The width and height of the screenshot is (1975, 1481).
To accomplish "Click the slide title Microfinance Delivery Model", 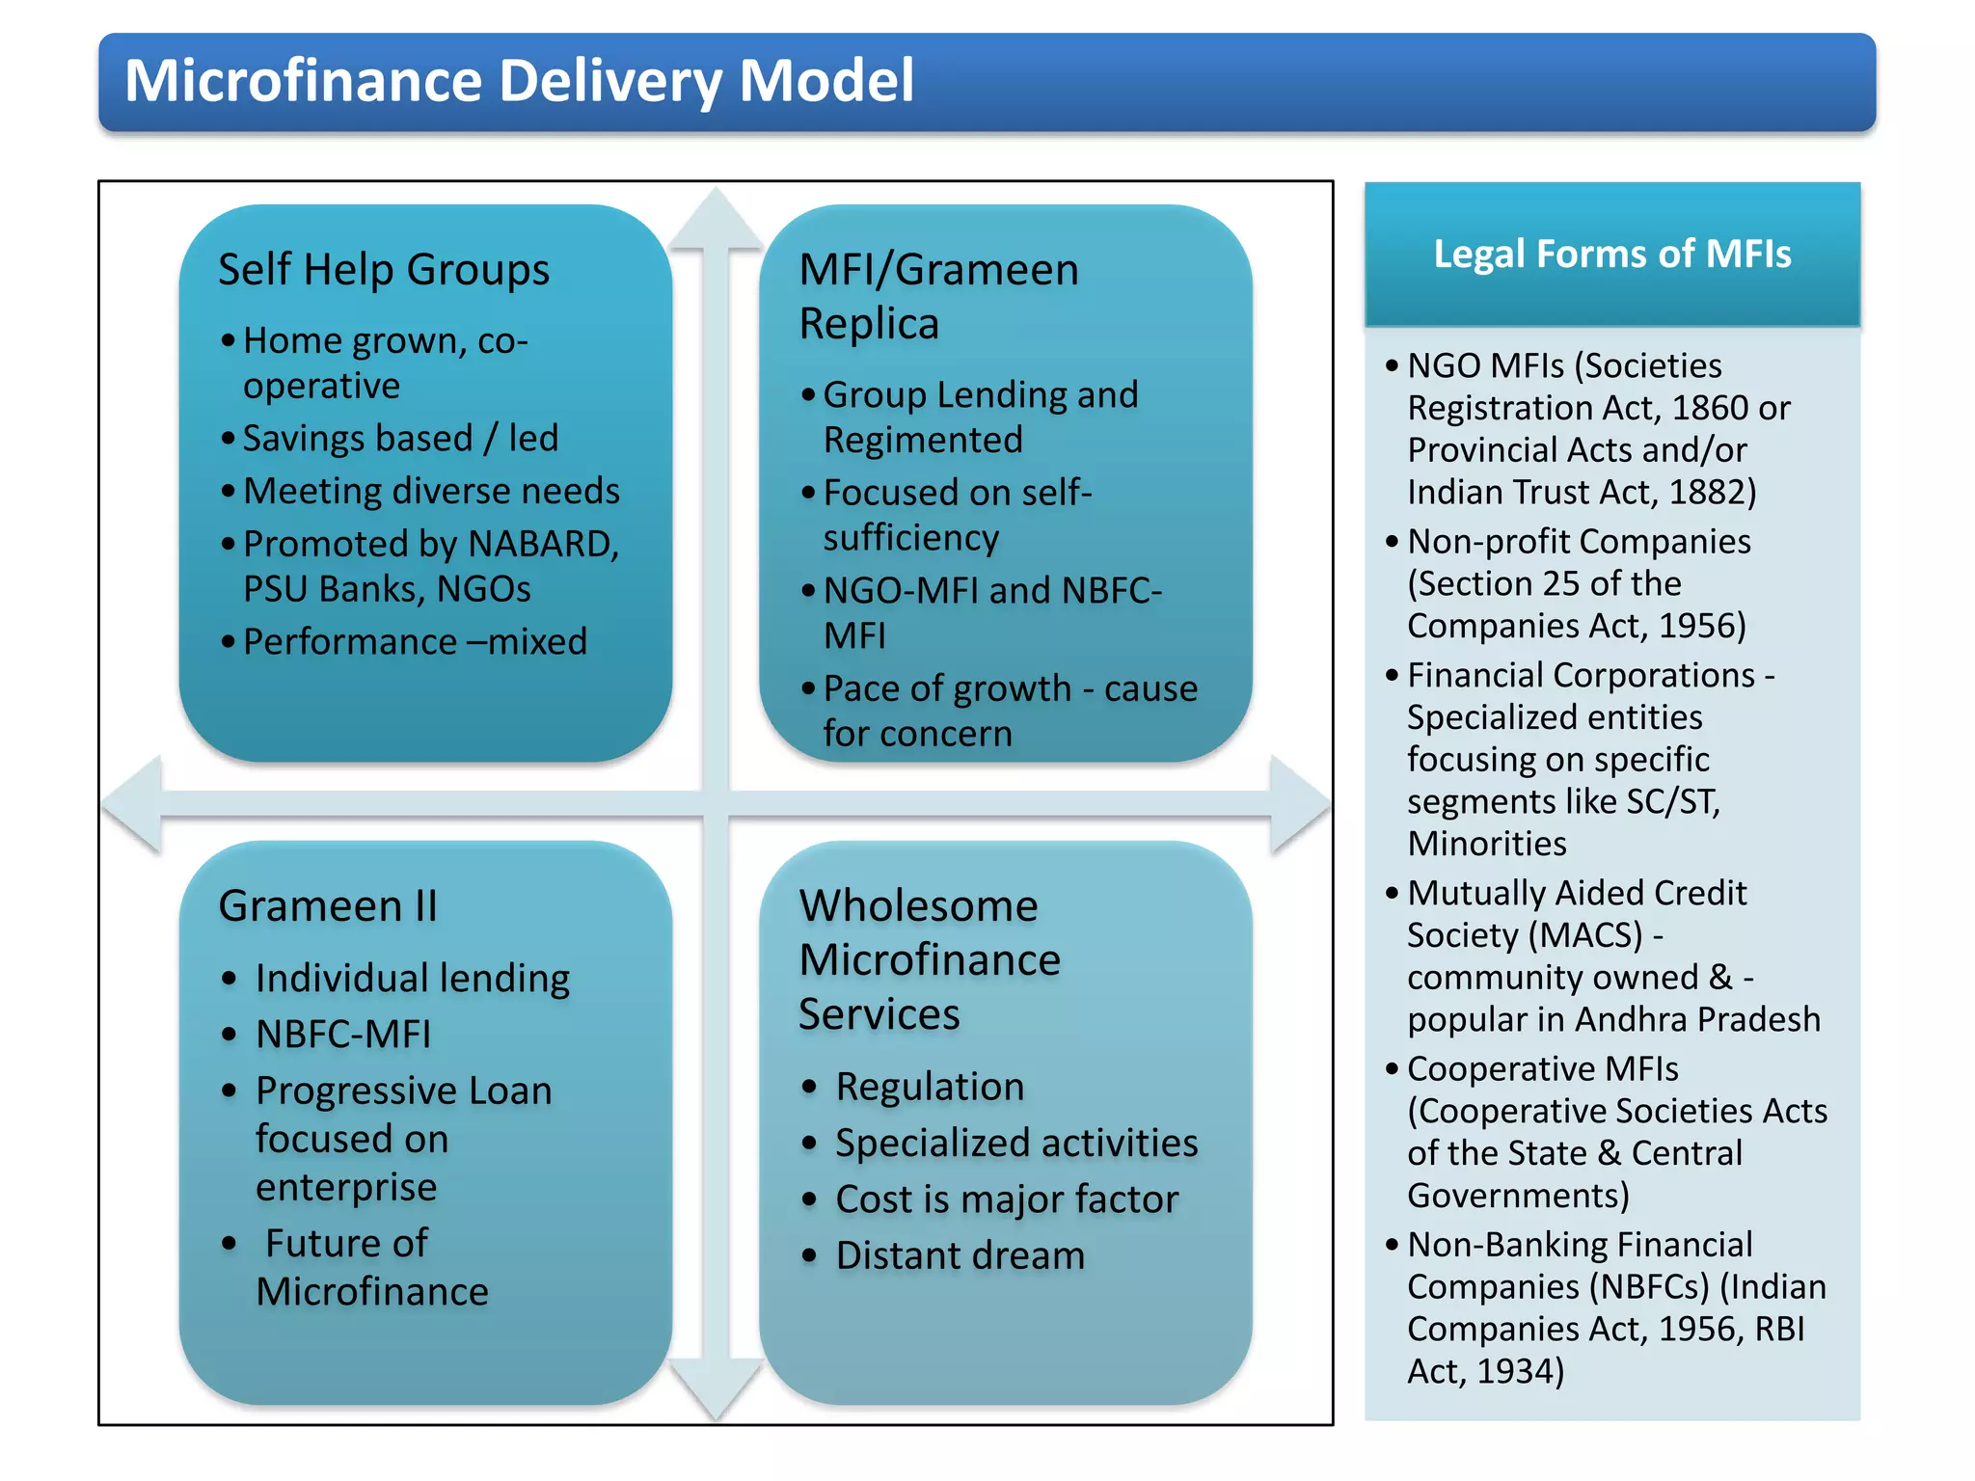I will pyautogui.click(x=519, y=81).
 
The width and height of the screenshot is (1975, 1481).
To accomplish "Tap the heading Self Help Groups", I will pyautogui.click(x=383, y=269).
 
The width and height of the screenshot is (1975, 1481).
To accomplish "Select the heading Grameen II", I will pyautogui.click(x=328, y=905).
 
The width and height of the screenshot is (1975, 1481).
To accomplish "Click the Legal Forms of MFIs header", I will pyautogui.click(x=1611, y=254).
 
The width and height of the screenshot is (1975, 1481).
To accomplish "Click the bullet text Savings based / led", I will pyautogui.click(x=400, y=438).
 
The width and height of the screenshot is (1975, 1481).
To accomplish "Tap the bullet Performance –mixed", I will pyautogui.click(x=415, y=641).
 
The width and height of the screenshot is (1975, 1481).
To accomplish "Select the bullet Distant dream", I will pyautogui.click(x=960, y=1255).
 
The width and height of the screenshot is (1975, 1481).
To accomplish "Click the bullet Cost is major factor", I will pyautogui.click(x=1006, y=1199).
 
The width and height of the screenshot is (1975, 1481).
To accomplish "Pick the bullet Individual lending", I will pyautogui.click(x=412, y=978).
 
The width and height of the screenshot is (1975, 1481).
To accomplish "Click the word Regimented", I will pyautogui.click(x=923, y=440).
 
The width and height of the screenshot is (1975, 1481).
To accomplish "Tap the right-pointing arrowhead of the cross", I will pyautogui.click(x=1299, y=804).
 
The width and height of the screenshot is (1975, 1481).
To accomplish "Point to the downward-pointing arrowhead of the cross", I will pyautogui.click(x=716, y=1388).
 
